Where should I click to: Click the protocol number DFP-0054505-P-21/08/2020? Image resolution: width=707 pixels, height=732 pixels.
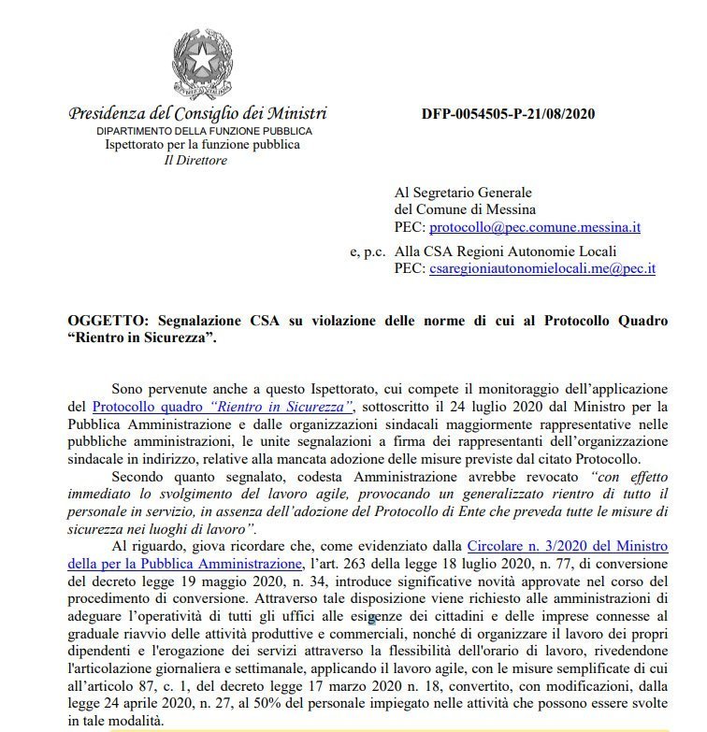point(509,114)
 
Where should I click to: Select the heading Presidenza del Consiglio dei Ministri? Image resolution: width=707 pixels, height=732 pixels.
point(197,113)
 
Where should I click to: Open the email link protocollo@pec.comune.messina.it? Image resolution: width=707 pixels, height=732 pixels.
point(534,226)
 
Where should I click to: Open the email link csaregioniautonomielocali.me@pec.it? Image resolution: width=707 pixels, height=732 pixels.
point(542,267)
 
